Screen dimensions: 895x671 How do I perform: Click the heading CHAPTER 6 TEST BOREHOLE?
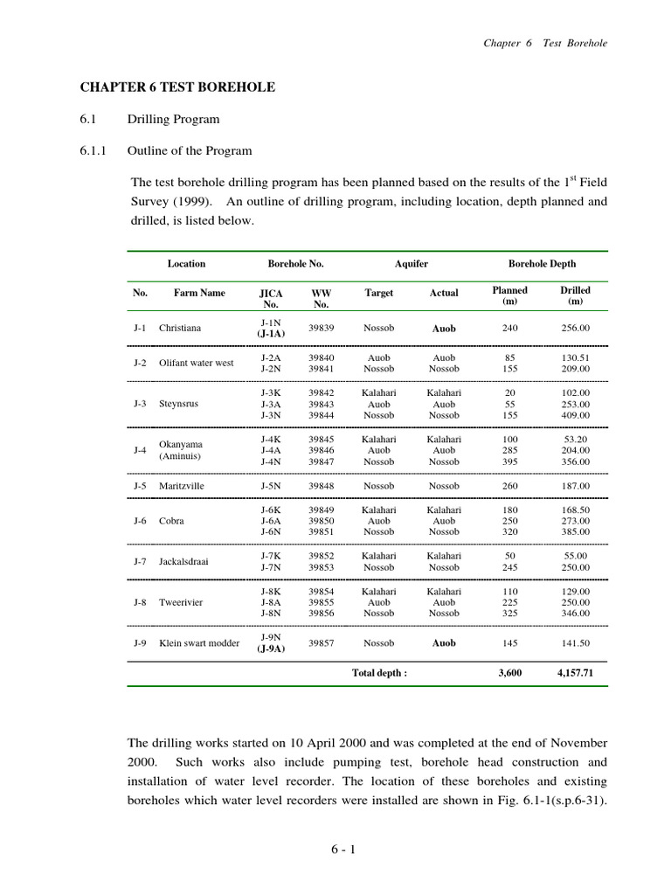pyautogui.click(x=177, y=87)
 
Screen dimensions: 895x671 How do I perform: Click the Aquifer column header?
pyautogui.click(x=411, y=263)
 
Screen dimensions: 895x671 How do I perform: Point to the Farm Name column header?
pyautogui.click(x=199, y=293)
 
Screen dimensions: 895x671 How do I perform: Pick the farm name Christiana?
pyautogui.click(x=180, y=329)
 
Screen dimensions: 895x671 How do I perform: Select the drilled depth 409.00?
pyautogui.click(x=574, y=415)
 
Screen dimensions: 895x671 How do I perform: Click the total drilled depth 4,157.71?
pyautogui.click(x=573, y=673)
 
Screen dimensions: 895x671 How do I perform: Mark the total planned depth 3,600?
pyautogui.click(x=509, y=673)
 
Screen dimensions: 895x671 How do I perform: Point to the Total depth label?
pyautogui.click(x=379, y=673)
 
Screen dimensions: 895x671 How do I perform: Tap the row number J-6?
pyautogui.click(x=140, y=520)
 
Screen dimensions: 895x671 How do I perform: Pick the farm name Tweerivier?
pyautogui.click(x=181, y=602)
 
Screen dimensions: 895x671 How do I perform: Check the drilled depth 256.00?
pyautogui.click(x=574, y=329)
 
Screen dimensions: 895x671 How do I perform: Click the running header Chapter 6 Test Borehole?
pyautogui.click(x=545, y=43)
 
